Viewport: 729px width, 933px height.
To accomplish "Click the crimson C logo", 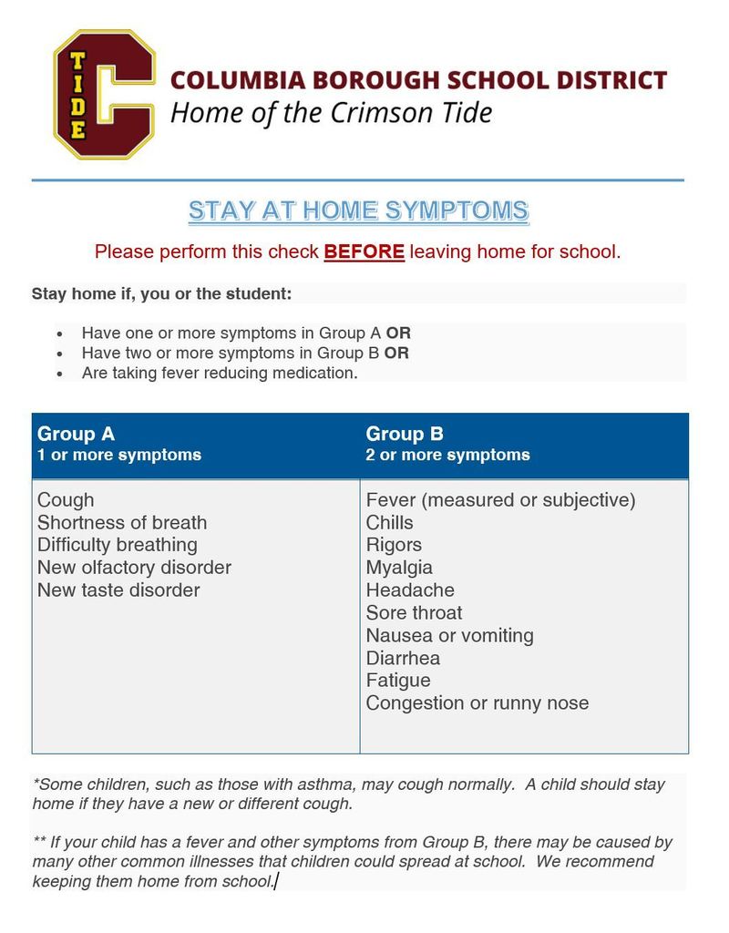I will point(104,95).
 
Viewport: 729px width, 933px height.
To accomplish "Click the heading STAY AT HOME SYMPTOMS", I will point(358,211).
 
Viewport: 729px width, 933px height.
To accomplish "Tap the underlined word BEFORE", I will point(364,251).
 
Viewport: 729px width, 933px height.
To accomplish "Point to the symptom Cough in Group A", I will point(66,500).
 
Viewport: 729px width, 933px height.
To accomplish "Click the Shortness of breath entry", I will point(122,523).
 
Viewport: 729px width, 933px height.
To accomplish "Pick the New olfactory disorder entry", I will point(134,568).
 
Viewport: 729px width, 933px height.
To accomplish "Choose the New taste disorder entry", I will point(118,590).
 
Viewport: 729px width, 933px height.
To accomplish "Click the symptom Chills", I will point(389,523).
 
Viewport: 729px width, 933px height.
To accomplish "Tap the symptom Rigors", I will point(394,545).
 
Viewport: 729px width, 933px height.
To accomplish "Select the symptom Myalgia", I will point(399,568).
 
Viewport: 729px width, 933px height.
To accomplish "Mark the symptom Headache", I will point(410,590).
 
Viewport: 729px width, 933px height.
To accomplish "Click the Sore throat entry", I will point(414,613).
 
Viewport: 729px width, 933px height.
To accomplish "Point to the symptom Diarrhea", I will point(403,658).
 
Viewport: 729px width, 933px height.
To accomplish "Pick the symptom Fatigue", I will point(398,681).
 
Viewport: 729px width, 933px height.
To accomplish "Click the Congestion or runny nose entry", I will point(477,703).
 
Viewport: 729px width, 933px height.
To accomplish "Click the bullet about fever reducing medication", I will point(220,374).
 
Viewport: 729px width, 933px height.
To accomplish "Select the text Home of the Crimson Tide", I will point(332,113).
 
